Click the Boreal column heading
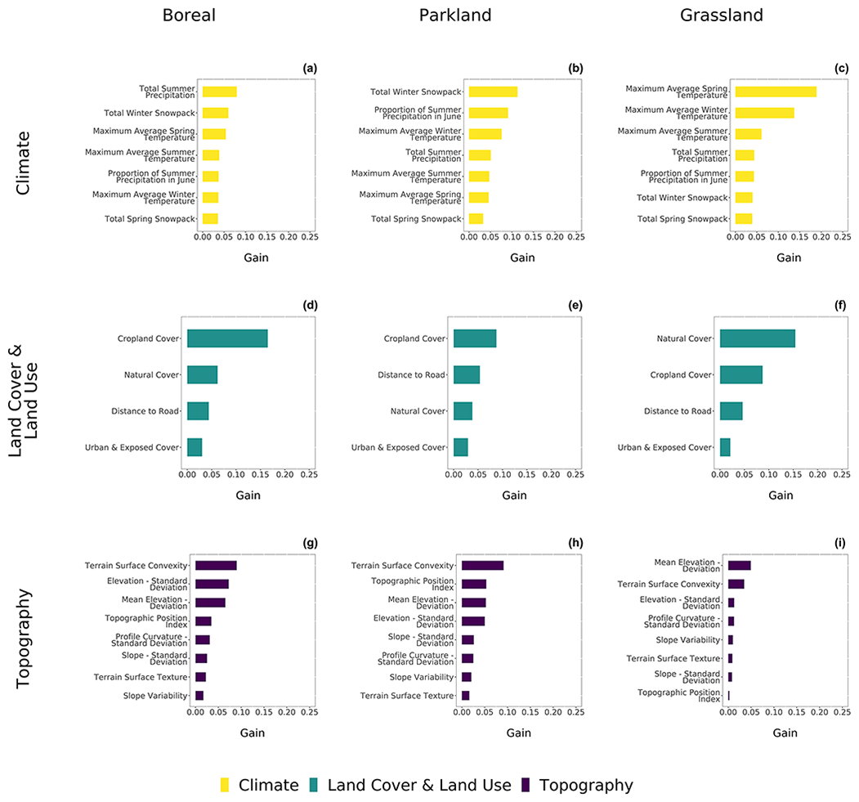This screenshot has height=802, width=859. click(x=189, y=16)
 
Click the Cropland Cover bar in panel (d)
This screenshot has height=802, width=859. click(x=227, y=338)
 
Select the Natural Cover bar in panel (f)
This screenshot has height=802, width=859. click(x=757, y=338)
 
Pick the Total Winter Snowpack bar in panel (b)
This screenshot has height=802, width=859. click(x=493, y=92)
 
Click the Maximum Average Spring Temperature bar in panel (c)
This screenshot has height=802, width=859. click(x=776, y=92)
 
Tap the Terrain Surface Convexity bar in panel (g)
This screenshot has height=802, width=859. click(x=216, y=566)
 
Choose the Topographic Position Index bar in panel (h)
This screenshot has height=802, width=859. click(x=474, y=584)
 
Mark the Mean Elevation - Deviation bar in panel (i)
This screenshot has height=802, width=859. click(x=739, y=566)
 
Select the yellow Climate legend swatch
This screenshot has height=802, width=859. click(x=225, y=786)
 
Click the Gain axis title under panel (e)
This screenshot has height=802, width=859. click(x=514, y=495)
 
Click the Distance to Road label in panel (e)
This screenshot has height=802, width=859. click(x=411, y=374)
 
